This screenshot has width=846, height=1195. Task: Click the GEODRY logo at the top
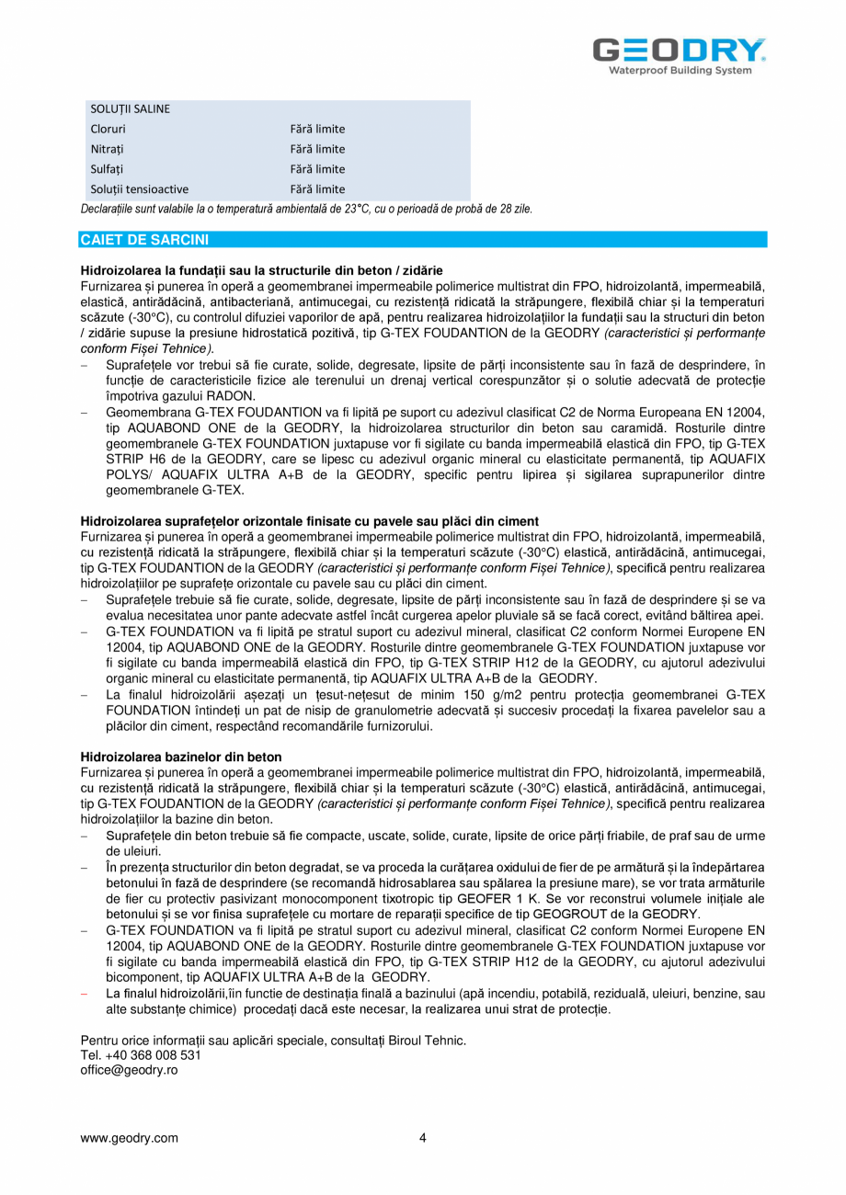point(679,50)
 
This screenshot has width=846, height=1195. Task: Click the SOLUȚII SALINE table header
point(130,108)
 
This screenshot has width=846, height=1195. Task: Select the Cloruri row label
point(109,129)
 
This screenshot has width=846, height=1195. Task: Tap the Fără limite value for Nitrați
point(317,149)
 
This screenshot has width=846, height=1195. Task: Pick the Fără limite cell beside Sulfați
point(317,169)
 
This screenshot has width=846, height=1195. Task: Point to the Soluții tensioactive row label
point(139,189)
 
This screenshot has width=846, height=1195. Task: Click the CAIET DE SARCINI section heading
point(144,240)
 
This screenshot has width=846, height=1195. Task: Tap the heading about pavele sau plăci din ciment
point(310,521)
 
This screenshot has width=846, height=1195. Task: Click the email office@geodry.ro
point(129,1070)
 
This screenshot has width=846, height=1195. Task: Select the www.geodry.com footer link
point(130,1138)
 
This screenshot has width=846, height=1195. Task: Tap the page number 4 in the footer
point(423,1138)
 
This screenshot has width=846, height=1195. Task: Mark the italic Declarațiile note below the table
point(306,209)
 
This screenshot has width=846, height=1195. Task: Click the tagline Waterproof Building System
point(680,71)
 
